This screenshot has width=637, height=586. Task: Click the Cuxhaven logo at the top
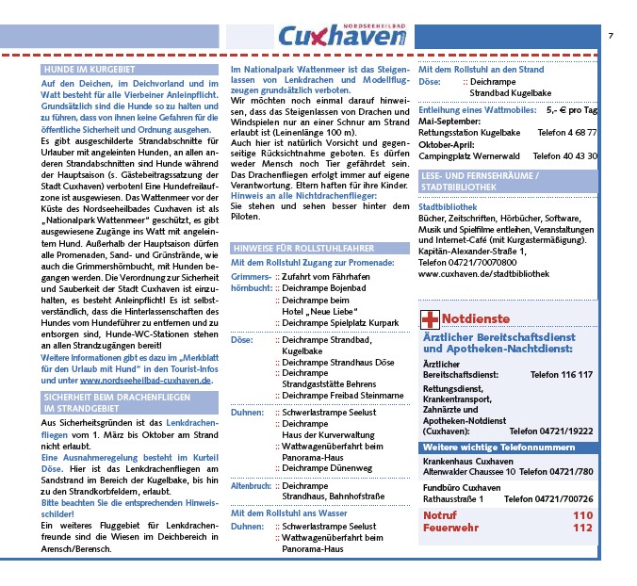(342, 36)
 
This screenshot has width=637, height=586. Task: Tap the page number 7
(611, 35)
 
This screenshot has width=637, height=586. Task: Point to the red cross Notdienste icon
(429, 318)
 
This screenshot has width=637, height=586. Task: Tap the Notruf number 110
(582, 515)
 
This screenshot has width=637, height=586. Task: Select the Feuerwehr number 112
(582, 528)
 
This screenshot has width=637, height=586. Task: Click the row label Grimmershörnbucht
(251, 283)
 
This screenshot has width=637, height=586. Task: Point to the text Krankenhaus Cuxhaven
(465, 461)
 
